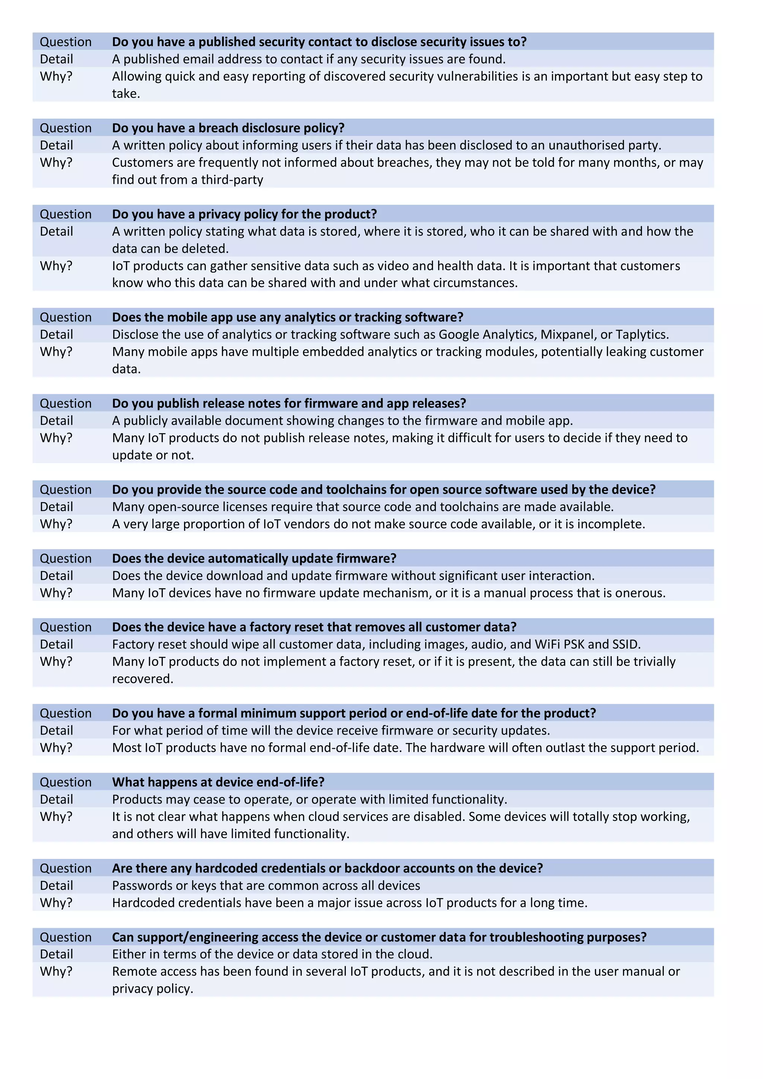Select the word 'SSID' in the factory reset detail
(x=626, y=644)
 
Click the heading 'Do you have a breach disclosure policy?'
(x=228, y=128)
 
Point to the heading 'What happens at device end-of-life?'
(x=218, y=782)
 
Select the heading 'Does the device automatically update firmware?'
(x=254, y=558)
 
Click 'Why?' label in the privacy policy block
(x=56, y=266)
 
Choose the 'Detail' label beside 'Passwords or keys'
(x=56, y=885)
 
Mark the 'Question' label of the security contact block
(x=65, y=42)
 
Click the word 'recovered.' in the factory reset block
(x=142, y=679)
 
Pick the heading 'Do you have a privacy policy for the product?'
(x=244, y=214)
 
